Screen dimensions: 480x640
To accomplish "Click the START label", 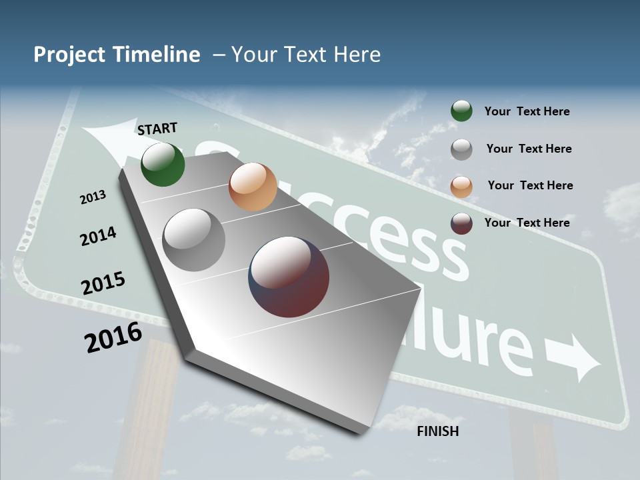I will tap(157, 128).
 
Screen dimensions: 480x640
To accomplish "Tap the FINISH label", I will tap(437, 431).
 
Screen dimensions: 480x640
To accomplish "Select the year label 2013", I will tap(93, 197).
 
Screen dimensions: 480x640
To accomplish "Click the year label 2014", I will tap(98, 236).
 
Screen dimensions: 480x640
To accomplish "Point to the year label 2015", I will tap(103, 283).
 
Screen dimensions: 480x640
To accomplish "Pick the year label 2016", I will tap(113, 337).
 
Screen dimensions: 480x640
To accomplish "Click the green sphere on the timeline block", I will tap(163, 165).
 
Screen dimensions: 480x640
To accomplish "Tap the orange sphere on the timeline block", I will tap(253, 187).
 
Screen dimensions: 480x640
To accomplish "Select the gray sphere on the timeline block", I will tap(194, 240).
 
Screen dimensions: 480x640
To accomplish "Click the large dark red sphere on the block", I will tap(289, 277).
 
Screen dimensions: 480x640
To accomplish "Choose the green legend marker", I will tap(461, 111).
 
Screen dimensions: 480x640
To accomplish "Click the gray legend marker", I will tap(461, 149).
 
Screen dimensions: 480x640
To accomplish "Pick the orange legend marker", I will tap(461, 186).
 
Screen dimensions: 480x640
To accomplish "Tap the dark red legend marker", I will tap(461, 223).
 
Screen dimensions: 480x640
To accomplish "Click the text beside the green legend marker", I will tap(527, 112).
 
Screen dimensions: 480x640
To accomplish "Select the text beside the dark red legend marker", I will tap(527, 223).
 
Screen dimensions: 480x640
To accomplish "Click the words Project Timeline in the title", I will tap(117, 55).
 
